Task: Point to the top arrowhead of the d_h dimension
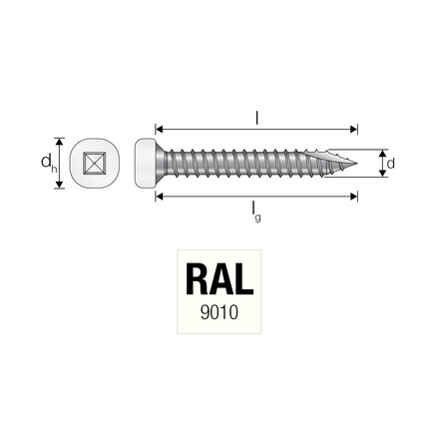tap(60, 141)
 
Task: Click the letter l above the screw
tap(257, 118)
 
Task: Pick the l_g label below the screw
tap(257, 212)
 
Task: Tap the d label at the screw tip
tap(390, 163)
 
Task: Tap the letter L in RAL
tap(249, 278)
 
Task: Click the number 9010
tap(219, 310)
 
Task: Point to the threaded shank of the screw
tap(249, 163)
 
